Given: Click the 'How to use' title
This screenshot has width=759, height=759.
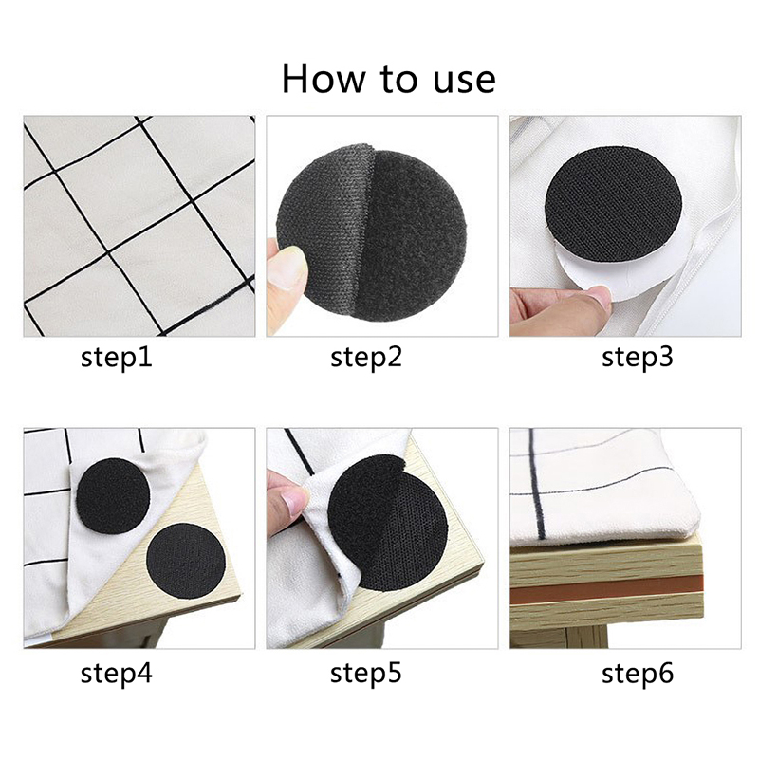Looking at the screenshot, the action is [389, 79].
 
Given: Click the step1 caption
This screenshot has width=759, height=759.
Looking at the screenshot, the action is [116, 359].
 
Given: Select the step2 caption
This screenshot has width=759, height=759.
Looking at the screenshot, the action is [366, 359].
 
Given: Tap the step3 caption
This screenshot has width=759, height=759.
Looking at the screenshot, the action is [637, 359].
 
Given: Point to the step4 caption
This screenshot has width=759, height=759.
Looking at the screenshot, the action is [116, 674].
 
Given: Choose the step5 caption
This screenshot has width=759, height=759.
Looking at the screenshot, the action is [366, 674].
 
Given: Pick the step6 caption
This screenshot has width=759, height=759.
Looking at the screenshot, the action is [637, 674].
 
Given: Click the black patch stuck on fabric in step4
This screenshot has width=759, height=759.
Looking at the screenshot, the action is [113, 495].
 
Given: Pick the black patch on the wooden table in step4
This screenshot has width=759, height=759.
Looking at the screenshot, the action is [186, 562].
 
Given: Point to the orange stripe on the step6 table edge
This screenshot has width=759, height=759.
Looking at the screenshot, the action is [606, 589].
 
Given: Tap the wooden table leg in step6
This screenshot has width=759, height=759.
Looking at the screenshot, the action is [588, 637].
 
